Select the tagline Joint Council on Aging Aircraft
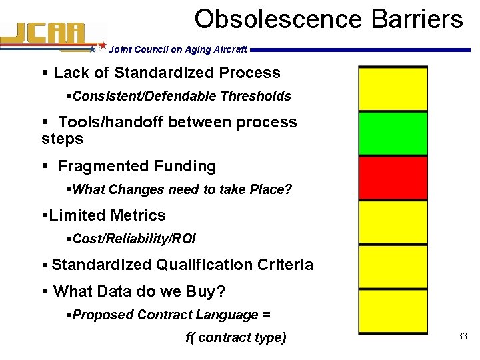(177, 49)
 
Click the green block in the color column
(393, 133)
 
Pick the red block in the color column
(393, 178)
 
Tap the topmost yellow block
(393, 89)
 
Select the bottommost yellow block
(393, 311)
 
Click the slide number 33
(462, 337)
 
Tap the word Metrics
(139, 215)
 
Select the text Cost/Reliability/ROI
(134, 239)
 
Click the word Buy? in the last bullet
(208, 291)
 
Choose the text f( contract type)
(235, 337)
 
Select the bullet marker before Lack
(45, 73)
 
